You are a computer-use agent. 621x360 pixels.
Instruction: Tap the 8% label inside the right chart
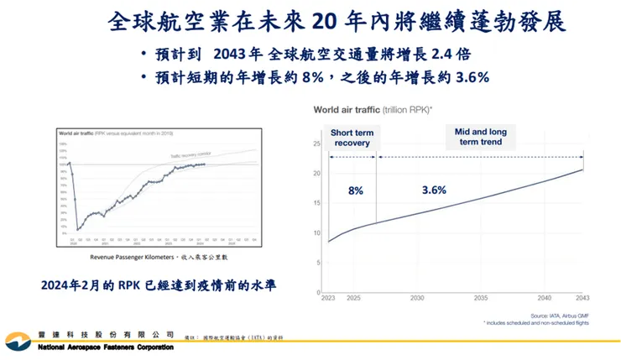click(x=355, y=190)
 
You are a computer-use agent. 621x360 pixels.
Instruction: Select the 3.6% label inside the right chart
click(x=433, y=190)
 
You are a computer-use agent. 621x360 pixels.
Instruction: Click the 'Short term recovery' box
click(x=352, y=138)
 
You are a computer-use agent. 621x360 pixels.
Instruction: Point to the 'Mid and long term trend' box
click(x=481, y=138)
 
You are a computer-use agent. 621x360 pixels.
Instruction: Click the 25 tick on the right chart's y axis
click(x=316, y=144)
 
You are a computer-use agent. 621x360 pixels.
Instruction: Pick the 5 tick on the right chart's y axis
click(x=318, y=263)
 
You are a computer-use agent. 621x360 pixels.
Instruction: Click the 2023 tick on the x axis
click(x=328, y=299)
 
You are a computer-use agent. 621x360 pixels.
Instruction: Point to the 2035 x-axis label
click(x=482, y=299)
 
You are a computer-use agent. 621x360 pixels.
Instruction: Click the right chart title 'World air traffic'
click(x=346, y=110)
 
